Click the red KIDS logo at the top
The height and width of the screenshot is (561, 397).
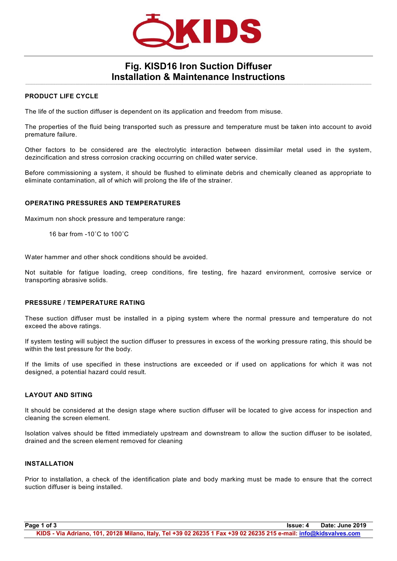coord(197,32)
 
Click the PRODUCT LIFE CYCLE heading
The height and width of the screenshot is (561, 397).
coord(62,96)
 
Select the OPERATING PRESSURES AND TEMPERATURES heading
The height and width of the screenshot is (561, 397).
coord(103,203)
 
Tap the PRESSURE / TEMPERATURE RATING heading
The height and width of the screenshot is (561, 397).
coord(85,303)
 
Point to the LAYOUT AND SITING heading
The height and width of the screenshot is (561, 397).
coord(59,395)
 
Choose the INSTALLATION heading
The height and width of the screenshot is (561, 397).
coord(49,464)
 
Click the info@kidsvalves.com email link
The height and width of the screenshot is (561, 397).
coord(329,533)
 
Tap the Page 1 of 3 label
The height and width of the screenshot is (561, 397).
coord(41,525)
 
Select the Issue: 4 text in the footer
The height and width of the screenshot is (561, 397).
coord(298,525)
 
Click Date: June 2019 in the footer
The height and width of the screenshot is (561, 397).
coord(343,525)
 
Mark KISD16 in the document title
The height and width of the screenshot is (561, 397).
coord(160,66)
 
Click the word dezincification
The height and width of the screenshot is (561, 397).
coord(46,158)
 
